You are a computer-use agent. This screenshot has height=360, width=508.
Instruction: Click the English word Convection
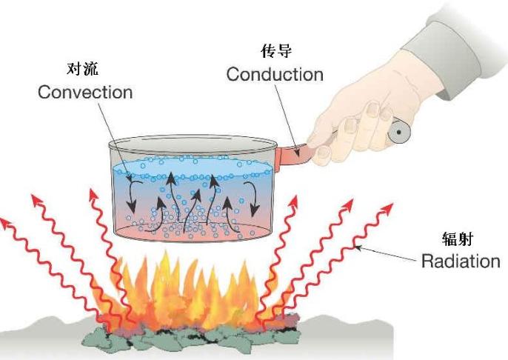(85, 92)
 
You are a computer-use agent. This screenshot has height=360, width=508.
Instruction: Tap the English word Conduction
(275, 74)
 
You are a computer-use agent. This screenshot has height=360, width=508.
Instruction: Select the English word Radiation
(461, 261)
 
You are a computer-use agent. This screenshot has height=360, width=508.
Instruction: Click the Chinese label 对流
(82, 69)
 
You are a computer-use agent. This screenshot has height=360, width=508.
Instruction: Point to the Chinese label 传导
(276, 51)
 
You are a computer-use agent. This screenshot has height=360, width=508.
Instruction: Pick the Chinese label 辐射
(458, 239)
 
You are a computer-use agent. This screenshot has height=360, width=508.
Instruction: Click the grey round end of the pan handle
(399, 132)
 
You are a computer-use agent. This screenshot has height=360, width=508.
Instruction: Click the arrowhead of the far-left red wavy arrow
(4, 223)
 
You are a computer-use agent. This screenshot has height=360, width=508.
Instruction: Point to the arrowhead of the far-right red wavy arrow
(387, 208)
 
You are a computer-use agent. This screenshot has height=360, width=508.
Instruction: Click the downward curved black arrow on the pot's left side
(133, 196)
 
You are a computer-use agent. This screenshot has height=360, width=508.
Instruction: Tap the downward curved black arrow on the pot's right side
(255, 199)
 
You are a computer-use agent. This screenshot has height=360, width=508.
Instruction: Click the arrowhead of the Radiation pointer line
(358, 248)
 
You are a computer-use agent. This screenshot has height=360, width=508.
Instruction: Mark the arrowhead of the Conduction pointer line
(297, 153)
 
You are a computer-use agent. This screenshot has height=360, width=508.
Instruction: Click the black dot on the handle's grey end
(399, 132)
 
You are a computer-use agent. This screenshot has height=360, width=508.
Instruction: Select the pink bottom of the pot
(193, 232)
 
